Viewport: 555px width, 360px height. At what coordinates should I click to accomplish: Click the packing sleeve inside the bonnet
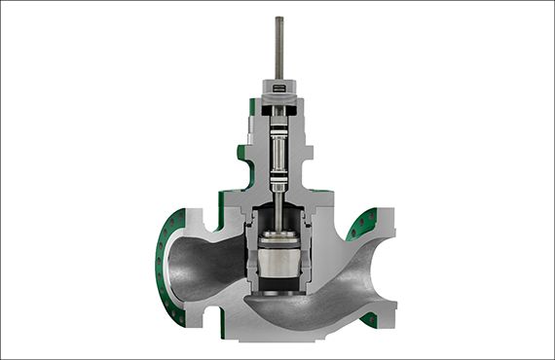point(278,156)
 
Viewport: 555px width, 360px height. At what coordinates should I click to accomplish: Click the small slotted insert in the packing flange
point(278,90)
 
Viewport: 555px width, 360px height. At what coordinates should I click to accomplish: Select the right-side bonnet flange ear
point(308,156)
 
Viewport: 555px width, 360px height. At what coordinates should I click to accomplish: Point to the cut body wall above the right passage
point(336,219)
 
